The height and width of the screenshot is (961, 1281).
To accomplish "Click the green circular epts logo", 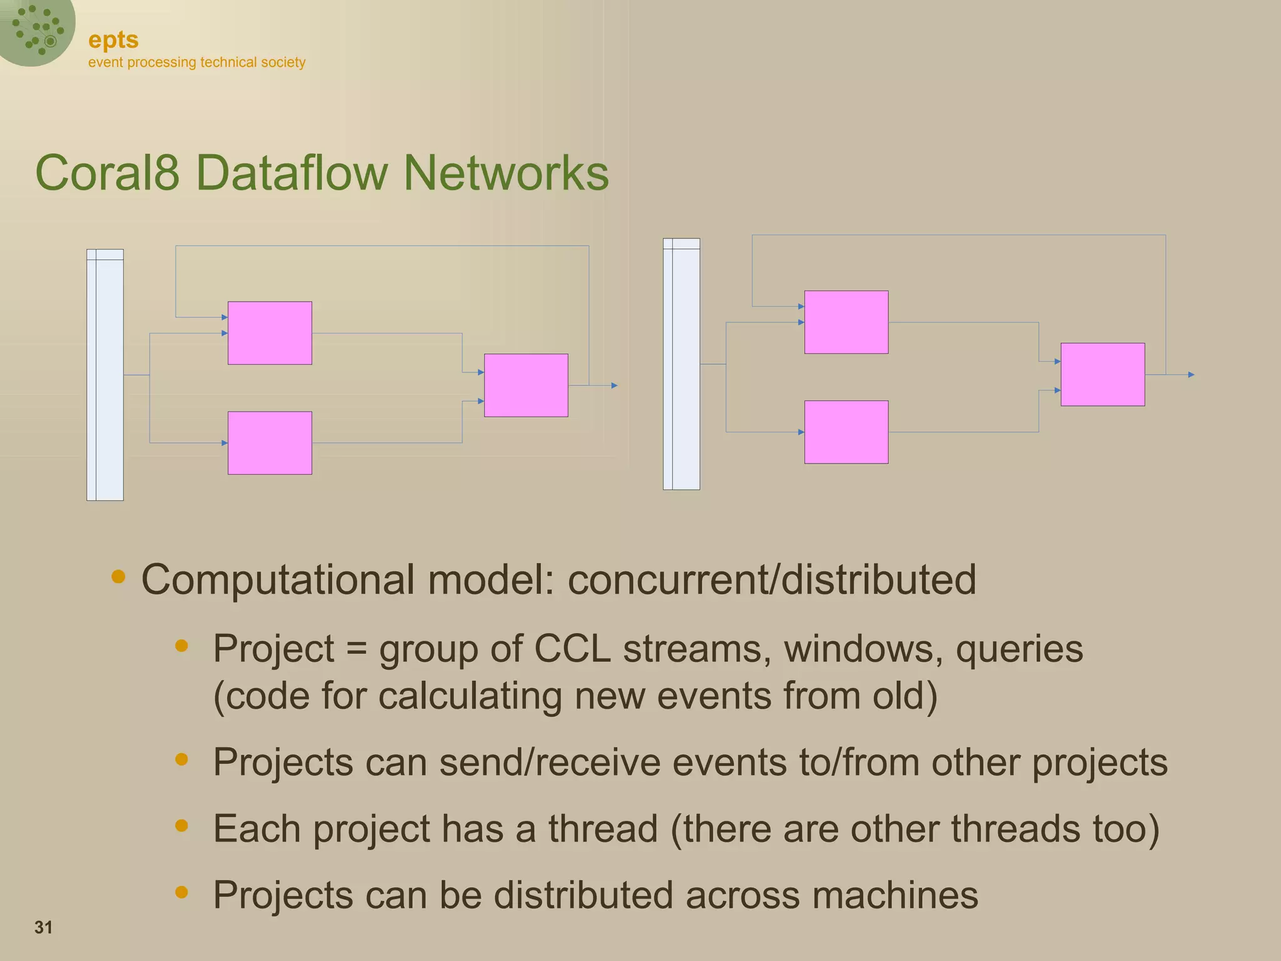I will click(x=36, y=29).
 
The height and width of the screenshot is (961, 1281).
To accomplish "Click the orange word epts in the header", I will click(x=113, y=40).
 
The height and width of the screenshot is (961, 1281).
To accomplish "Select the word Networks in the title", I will click(x=506, y=173).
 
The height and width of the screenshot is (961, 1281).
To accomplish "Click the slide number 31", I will click(x=43, y=927).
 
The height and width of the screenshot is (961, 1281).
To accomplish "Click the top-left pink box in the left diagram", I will click(x=270, y=333).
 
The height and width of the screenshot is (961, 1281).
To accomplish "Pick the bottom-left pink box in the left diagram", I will click(x=270, y=443).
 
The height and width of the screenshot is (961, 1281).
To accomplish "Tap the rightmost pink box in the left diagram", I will click(x=526, y=385).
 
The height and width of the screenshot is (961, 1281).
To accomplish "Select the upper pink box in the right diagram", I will click(x=846, y=322).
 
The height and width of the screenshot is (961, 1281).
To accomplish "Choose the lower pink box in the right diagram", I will click(x=846, y=432).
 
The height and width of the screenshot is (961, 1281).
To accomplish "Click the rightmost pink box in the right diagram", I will click(x=1103, y=375).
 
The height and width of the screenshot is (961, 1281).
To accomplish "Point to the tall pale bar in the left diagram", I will click(x=105, y=375).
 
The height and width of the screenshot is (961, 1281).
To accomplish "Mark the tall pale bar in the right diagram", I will click(x=681, y=364).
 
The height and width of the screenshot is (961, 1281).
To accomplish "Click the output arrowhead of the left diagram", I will click(x=614, y=385).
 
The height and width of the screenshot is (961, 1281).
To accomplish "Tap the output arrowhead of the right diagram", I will click(x=1191, y=375).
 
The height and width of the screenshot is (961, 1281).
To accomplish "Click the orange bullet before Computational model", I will click(x=118, y=576).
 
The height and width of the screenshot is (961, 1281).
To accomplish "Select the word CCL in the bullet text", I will click(x=572, y=649).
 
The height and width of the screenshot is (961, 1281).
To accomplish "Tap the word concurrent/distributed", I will click(x=772, y=579).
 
